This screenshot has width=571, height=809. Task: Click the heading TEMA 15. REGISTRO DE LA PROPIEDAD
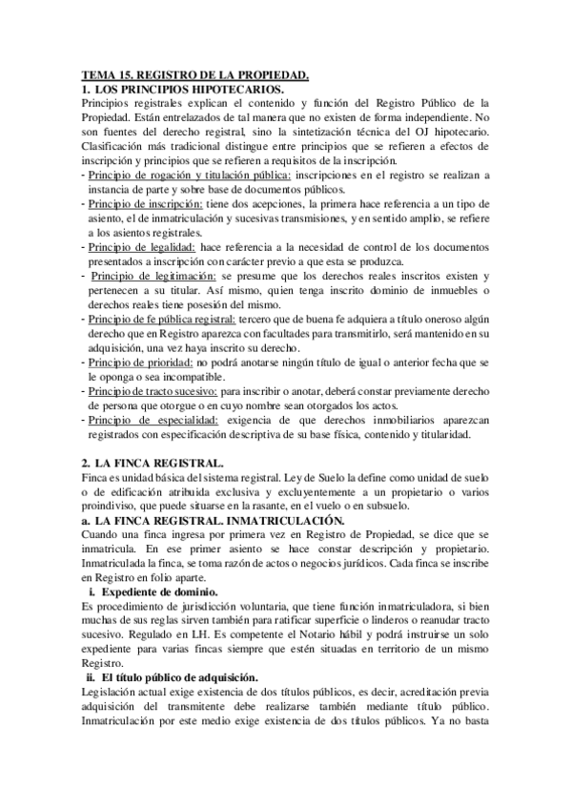tap(194, 74)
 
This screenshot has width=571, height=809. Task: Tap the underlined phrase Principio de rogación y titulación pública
tap(175, 176)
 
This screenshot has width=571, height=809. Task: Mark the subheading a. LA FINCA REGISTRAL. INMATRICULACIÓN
tap(212, 521)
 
